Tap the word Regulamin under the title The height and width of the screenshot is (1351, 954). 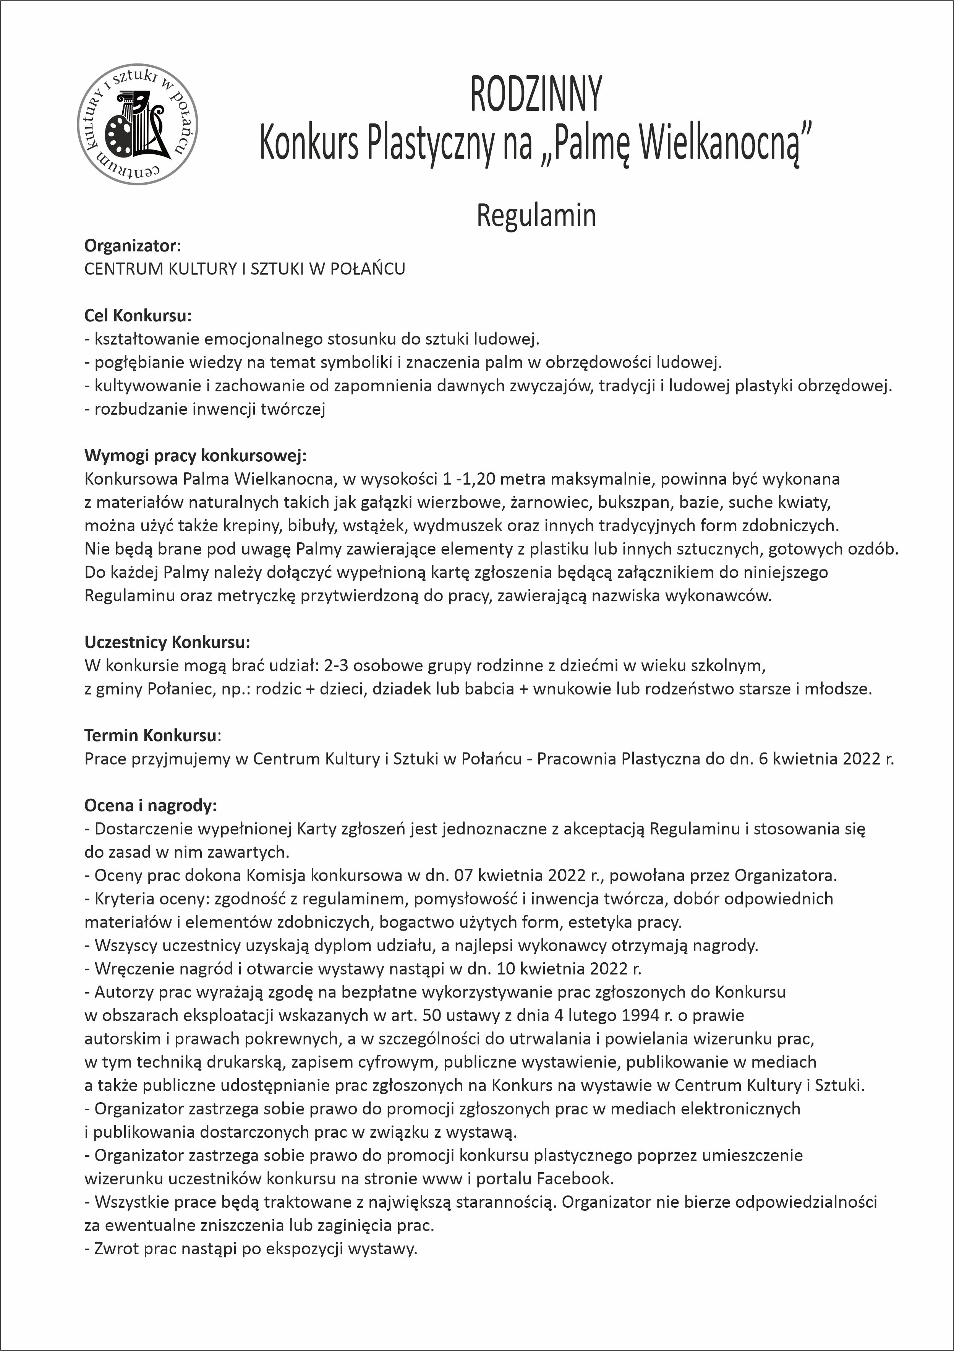536,216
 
